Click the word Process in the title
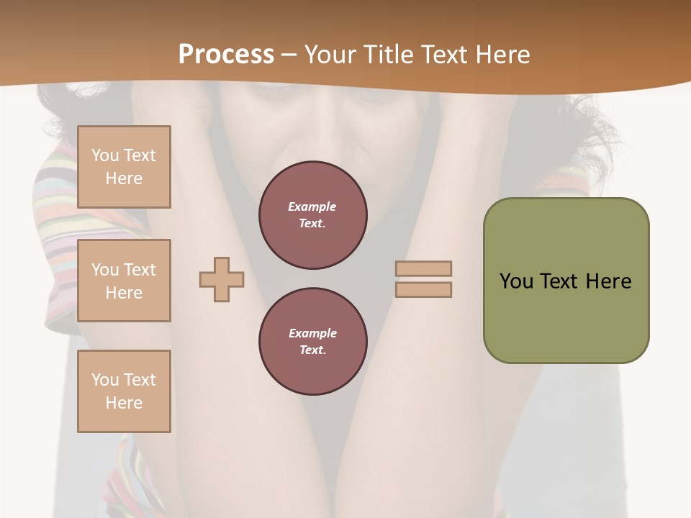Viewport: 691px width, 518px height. pos(226,55)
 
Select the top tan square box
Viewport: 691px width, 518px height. pos(124,167)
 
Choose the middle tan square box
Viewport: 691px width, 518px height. pos(124,281)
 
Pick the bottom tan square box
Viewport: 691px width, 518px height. pos(124,391)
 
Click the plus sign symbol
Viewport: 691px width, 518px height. pos(222,279)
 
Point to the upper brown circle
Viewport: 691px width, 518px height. pos(313,215)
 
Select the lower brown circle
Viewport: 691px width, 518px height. pos(313,342)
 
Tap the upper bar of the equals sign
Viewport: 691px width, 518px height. pos(423,268)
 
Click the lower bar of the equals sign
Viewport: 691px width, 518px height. pos(423,290)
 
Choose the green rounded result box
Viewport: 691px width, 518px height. pos(566,281)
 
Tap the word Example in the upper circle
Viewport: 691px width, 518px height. pos(312,206)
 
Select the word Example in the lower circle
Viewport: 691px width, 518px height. pos(312,333)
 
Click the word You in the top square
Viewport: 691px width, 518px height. pos(105,155)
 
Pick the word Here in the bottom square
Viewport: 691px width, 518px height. pos(124,403)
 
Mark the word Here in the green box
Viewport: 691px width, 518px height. pos(608,281)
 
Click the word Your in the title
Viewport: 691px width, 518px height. pos(330,55)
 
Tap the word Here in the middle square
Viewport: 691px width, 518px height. pos(124,293)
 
